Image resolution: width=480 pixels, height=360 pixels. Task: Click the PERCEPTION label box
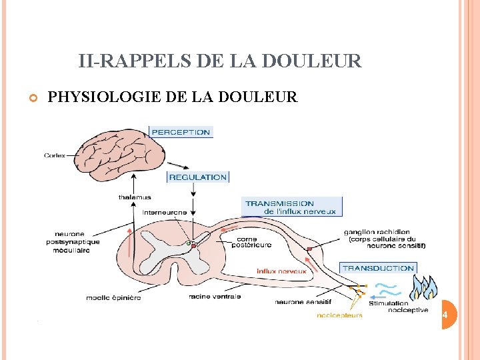(181, 132)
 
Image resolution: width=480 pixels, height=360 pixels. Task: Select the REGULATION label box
(198, 177)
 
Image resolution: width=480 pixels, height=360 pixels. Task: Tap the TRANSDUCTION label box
(378, 268)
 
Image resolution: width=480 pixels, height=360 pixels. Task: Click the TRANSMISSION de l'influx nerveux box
(292, 207)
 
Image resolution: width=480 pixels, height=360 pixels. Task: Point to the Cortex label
(55, 155)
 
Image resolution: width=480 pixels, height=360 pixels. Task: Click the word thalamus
(135, 197)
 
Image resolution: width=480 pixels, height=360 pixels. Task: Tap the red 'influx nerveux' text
(281, 271)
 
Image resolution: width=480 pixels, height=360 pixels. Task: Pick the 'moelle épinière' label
(113, 297)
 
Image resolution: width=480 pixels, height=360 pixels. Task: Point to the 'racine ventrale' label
(215, 297)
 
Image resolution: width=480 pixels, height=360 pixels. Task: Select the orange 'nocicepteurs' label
(339, 315)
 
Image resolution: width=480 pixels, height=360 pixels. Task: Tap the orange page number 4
(445, 314)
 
